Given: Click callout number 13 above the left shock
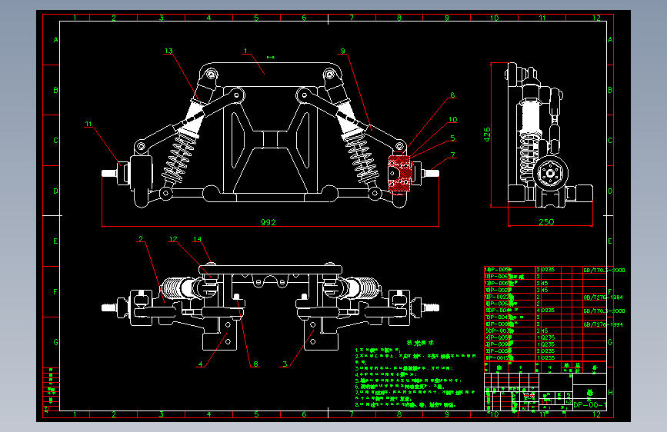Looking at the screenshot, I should [168, 51].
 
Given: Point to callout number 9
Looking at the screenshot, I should [343, 51].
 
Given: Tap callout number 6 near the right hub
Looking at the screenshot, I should [452, 95].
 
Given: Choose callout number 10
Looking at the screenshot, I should [453, 119].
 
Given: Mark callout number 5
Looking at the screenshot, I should [453, 138].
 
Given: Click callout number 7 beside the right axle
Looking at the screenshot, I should [453, 155].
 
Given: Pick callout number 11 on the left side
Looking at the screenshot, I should [88, 123].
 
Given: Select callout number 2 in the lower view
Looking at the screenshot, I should [141, 239].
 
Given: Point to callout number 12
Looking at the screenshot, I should [173, 239].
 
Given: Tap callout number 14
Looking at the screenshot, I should [197, 239].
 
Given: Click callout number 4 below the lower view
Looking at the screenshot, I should [201, 364].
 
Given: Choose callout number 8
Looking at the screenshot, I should [256, 364].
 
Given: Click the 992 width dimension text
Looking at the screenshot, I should [268, 222].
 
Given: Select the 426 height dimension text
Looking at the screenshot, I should [486, 135].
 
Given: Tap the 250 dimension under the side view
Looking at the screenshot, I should [545, 222].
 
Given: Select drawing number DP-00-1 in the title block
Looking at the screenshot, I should [592, 404].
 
